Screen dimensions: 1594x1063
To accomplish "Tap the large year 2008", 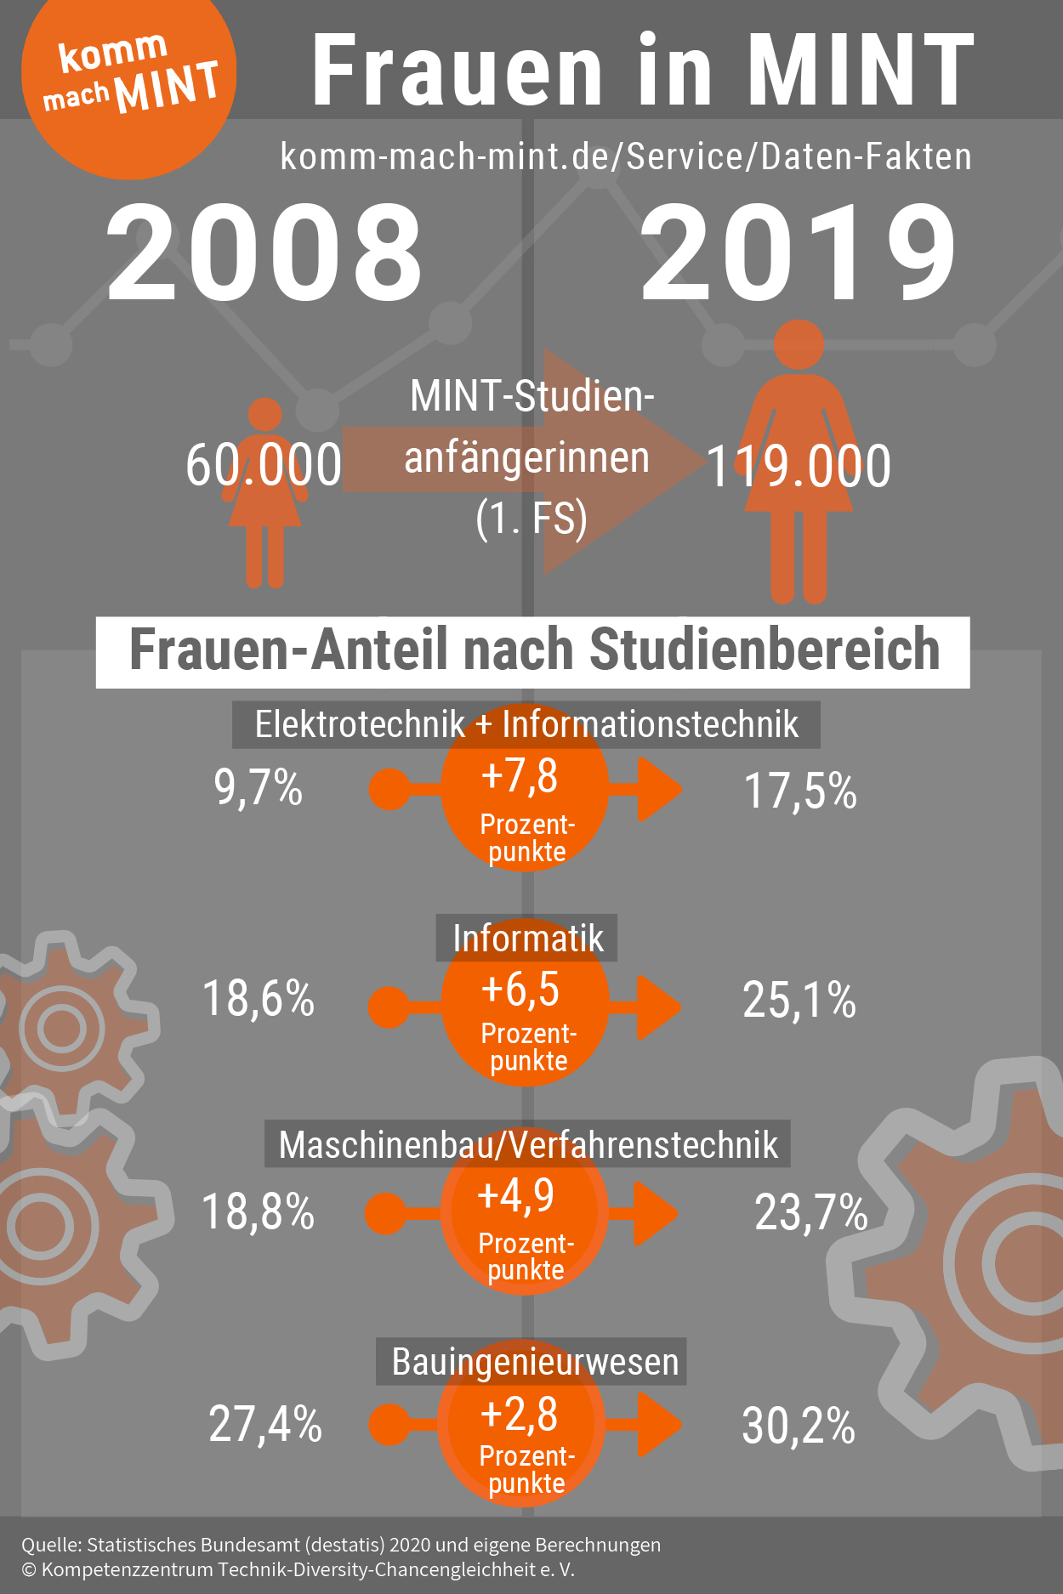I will (264, 253).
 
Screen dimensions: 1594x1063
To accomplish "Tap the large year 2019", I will (798, 253).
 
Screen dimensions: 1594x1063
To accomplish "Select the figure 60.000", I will (264, 465).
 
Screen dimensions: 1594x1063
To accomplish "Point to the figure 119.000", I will (798, 467).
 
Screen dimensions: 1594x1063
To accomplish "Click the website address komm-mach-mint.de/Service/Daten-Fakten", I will (626, 157).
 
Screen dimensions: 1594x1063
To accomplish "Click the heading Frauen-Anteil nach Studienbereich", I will (533, 651).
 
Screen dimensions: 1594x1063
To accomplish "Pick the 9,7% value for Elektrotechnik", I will (258, 787).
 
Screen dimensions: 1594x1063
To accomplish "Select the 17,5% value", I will (799, 791).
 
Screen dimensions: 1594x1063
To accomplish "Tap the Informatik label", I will (527, 939).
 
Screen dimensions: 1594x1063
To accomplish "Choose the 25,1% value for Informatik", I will (799, 1000).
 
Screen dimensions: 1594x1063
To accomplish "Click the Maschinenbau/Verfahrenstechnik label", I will (527, 1145).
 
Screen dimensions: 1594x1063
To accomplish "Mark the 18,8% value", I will (258, 1211).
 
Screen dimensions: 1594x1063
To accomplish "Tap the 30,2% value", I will (798, 1426).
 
